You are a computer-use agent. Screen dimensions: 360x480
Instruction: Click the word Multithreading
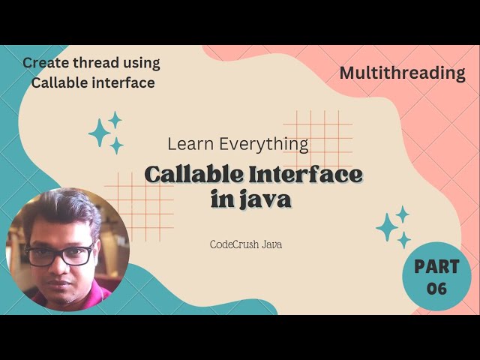pyautogui.click(x=402, y=73)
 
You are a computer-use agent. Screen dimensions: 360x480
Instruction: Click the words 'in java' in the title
pyautogui.click(x=251, y=201)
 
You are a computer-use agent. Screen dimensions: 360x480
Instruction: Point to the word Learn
pyautogui.click(x=189, y=143)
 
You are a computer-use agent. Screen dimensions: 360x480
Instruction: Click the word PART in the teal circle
pyautogui.click(x=436, y=267)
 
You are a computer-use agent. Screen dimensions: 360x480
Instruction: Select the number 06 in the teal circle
pyautogui.click(x=436, y=289)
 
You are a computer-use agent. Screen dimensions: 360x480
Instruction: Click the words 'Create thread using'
pyautogui.click(x=91, y=63)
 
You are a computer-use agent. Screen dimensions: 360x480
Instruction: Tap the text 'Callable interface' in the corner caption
pyautogui.click(x=93, y=82)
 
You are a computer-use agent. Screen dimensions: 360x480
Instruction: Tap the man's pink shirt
pyautogui.click(x=90, y=298)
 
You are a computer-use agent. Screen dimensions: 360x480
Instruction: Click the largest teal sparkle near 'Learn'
pyautogui.click(x=99, y=133)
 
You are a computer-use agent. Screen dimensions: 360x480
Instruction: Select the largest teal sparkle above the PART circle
pyautogui.click(x=387, y=226)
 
